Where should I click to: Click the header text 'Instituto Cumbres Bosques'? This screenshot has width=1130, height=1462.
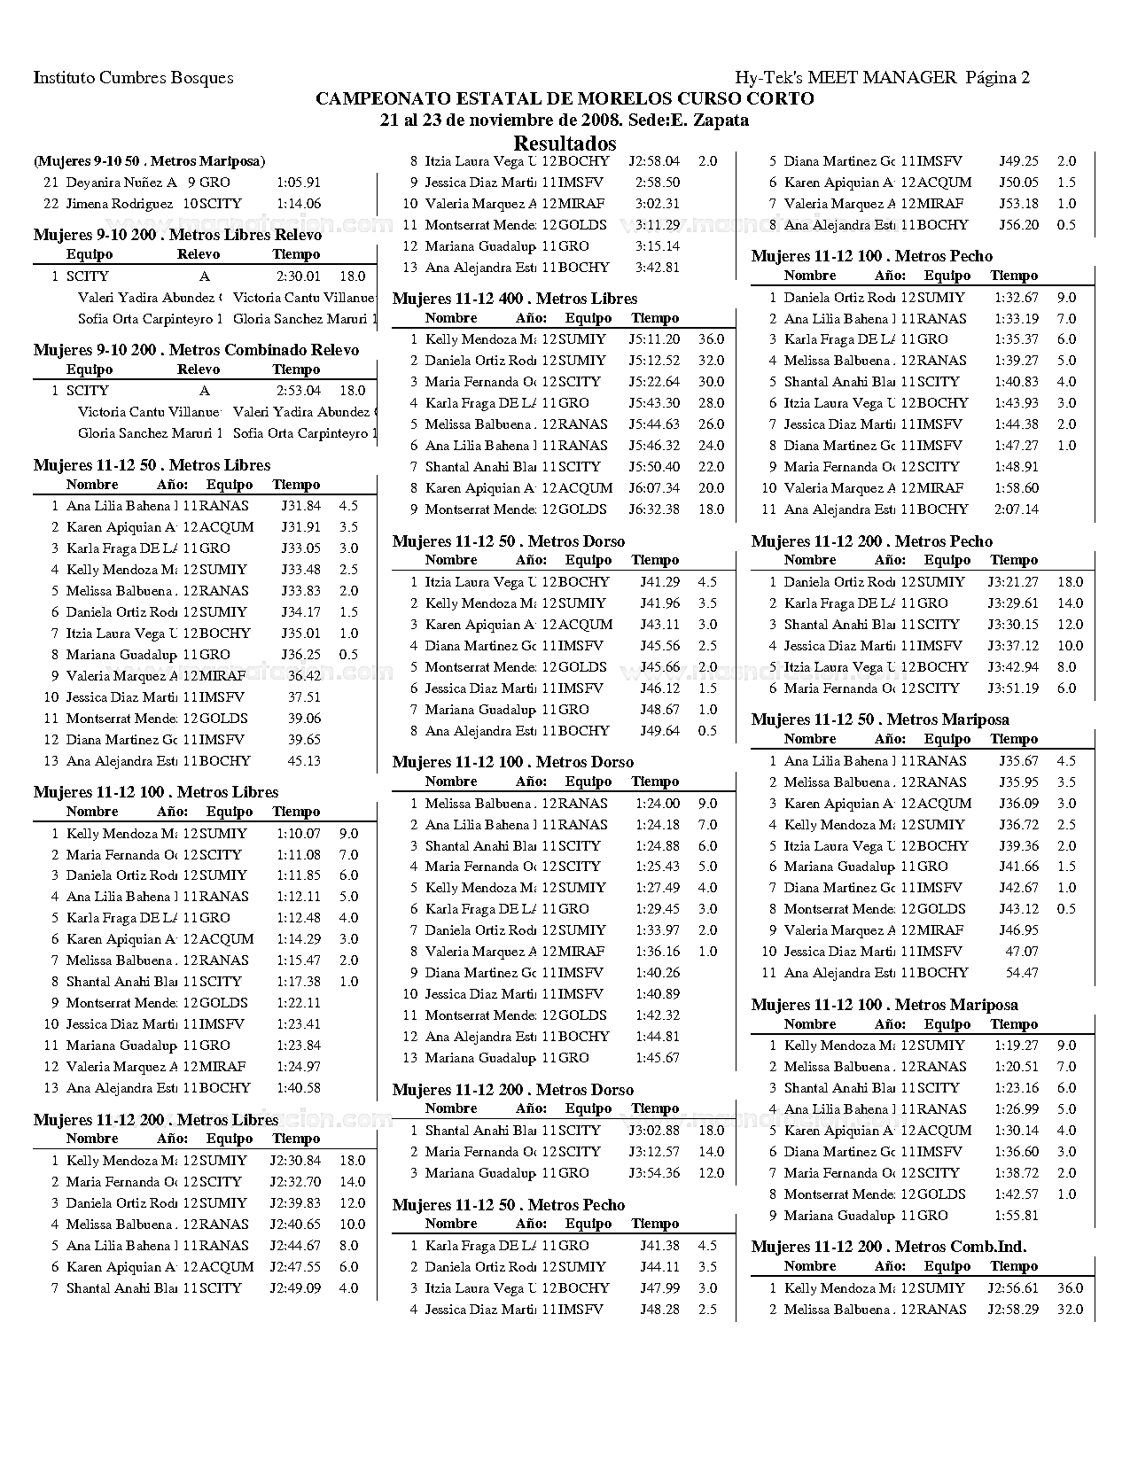[133, 78]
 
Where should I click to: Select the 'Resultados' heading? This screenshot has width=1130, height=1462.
[565, 144]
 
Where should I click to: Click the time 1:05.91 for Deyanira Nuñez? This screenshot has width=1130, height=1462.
[298, 183]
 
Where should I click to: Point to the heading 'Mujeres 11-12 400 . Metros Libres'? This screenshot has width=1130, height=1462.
[515, 299]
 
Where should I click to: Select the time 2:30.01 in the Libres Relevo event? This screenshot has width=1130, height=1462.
[298, 276]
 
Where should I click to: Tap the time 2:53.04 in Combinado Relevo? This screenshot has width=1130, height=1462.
[298, 391]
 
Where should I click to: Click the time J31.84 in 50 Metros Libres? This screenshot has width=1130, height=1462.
[300, 506]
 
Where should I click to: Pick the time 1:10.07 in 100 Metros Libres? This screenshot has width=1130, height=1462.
[298, 834]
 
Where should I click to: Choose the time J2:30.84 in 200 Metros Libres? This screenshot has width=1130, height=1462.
[295, 1161]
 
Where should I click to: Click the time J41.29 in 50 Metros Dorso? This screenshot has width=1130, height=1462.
[659, 582]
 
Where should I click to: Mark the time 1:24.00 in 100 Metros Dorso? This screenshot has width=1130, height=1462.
[658, 804]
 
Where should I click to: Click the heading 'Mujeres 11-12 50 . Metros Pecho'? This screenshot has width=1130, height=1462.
[509, 1205]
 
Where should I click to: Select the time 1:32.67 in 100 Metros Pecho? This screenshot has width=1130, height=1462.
[1016, 298]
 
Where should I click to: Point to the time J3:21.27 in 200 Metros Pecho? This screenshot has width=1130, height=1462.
[1013, 582]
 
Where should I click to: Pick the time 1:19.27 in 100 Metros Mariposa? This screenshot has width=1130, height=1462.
[1016, 1046]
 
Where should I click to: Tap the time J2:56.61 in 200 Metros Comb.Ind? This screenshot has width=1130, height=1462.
[1013, 1288]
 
